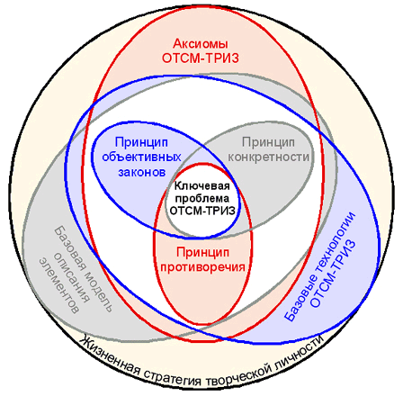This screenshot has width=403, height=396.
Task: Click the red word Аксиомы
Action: [201, 44]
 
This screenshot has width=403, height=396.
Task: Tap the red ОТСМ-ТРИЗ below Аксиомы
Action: [201, 58]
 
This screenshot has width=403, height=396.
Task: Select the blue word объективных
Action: [141, 157]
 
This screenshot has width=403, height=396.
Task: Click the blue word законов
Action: [142, 173]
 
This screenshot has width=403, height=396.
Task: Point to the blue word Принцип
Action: [141, 143]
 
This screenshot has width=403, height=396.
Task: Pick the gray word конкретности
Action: [268, 157]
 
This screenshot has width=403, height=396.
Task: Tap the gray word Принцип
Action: [268, 142]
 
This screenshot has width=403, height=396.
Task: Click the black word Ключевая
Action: [202, 186]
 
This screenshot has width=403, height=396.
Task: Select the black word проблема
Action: [202, 199]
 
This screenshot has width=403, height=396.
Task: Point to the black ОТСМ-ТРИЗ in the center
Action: [202, 211]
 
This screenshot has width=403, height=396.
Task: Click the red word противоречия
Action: [202, 267]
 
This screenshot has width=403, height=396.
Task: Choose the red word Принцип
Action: [202, 253]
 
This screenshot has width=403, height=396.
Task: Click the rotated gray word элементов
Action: [58, 286]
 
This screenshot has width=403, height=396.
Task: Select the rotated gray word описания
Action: [72, 278]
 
